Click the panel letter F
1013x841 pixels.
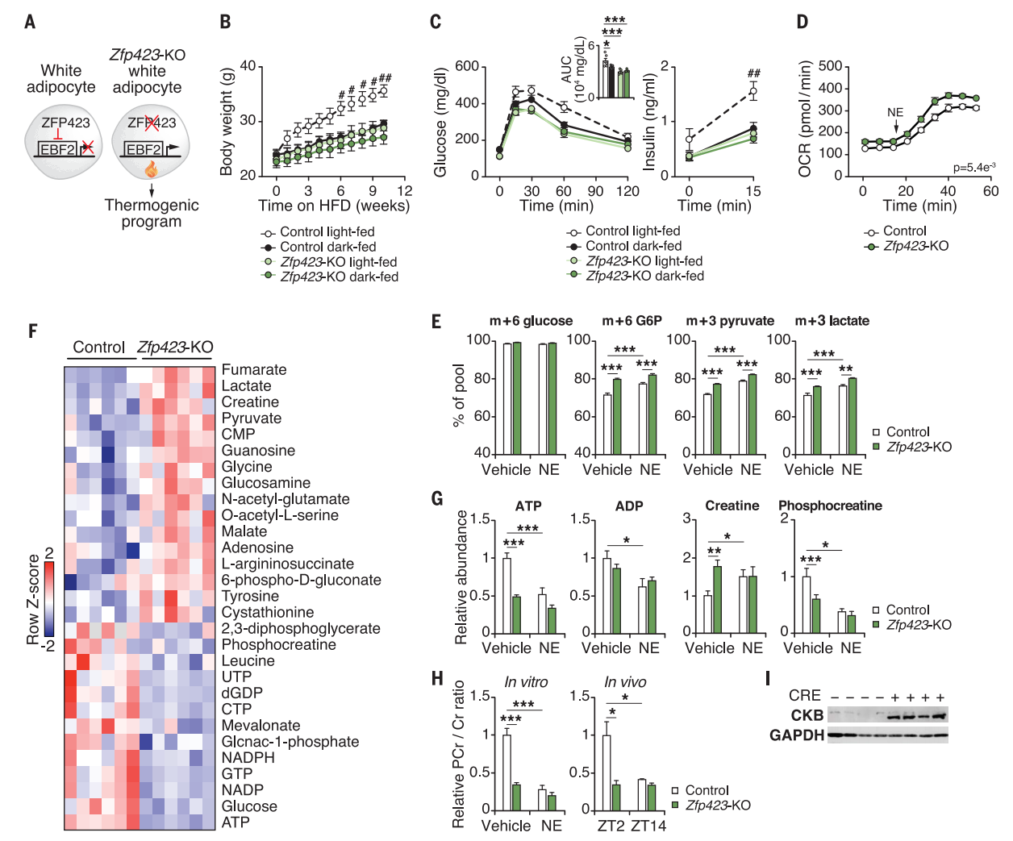point(32,331)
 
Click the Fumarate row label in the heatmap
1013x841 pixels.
point(254,370)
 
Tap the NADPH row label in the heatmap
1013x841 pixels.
point(248,757)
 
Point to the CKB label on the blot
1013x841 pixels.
point(807,715)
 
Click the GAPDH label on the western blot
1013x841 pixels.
point(796,735)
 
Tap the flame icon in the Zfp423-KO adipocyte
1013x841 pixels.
point(151,169)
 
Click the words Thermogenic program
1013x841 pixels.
point(152,214)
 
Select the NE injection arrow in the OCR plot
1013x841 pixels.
point(895,127)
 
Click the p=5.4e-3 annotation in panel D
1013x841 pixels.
point(973,168)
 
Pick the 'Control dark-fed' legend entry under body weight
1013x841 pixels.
point(327,247)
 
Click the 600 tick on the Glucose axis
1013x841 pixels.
point(467,66)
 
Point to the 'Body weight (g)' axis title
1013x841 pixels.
point(227,121)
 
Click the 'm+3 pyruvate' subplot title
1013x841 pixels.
point(730,321)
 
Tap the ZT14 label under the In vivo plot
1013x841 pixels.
point(648,826)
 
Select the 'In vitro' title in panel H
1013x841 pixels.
point(526,682)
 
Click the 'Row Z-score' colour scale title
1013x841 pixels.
point(33,599)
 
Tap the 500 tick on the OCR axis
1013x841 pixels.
point(830,66)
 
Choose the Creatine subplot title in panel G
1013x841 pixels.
point(732,506)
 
